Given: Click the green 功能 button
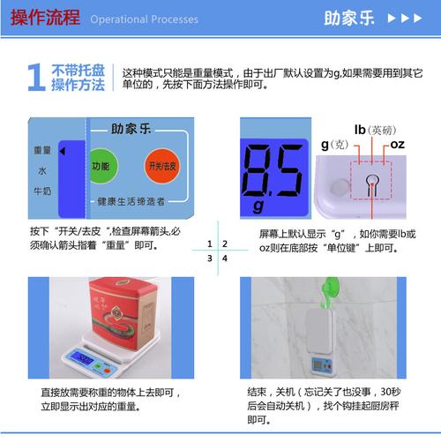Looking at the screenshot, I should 101,166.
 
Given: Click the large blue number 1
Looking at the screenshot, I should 36,79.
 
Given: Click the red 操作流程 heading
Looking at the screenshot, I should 43,18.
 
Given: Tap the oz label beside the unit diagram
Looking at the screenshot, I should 398,144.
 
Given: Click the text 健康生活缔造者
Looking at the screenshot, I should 131,202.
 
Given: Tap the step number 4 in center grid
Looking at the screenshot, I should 225,258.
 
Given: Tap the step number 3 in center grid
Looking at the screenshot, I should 209,258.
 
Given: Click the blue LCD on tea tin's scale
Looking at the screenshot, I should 83,358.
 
